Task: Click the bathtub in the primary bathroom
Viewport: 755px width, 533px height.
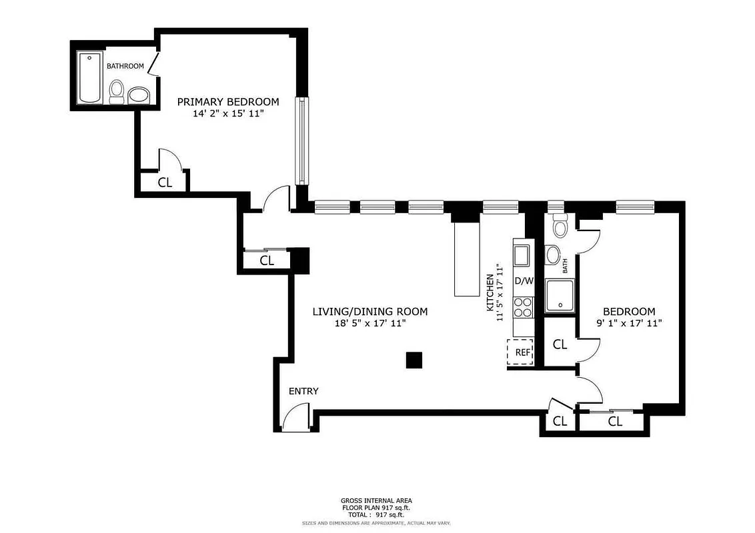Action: [90, 77]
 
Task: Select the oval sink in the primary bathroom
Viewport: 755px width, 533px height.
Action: [139, 95]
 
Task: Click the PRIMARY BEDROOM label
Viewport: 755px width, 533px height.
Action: [227, 102]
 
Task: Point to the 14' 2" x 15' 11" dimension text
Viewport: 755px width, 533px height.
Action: [227, 114]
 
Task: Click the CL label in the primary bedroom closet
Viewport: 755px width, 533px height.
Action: [165, 183]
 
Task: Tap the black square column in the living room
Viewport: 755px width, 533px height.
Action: [414, 360]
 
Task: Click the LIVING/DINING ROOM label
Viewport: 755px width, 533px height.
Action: [370, 312]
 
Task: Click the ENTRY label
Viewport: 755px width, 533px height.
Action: [303, 391]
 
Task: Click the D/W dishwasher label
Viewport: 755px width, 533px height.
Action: [524, 280]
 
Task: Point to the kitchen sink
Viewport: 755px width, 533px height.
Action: [522, 254]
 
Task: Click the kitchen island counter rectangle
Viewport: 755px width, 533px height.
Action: [467, 259]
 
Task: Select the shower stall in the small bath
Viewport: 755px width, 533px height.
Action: [559, 296]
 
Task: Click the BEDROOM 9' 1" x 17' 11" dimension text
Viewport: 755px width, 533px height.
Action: [629, 323]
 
